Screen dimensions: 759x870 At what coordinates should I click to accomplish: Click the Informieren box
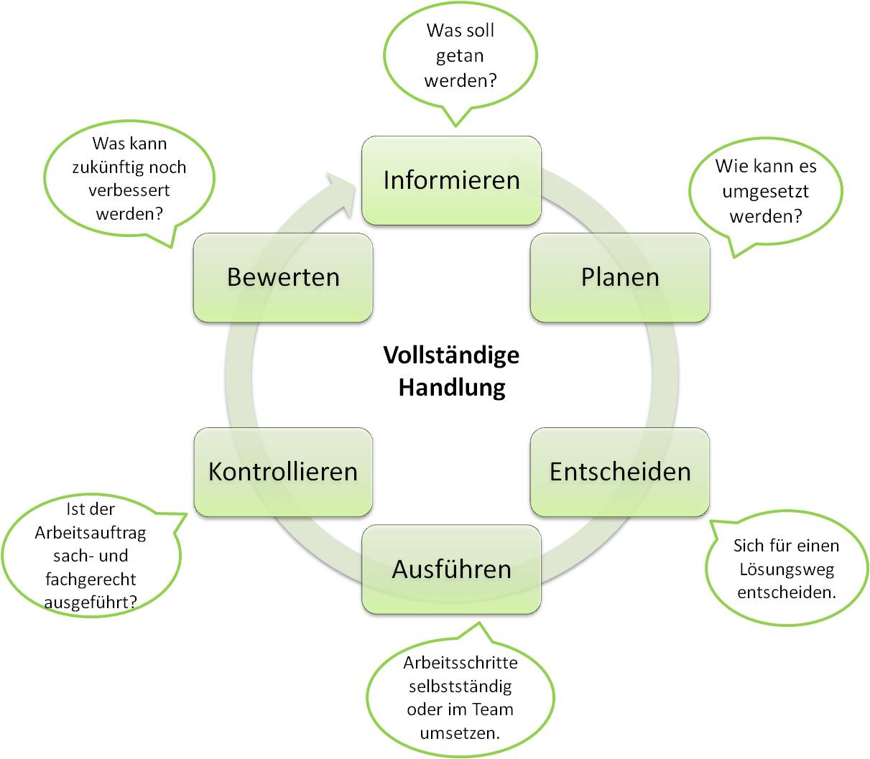(x=451, y=180)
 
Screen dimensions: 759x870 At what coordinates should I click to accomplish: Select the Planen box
(x=620, y=277)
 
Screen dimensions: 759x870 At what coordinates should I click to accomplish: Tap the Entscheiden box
(x=620, y=472)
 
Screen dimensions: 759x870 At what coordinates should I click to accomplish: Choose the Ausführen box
(x=451, y=569)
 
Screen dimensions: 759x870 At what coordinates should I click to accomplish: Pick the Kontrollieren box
(x=283, y=472)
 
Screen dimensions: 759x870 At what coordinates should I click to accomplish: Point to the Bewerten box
(x=283, y=277)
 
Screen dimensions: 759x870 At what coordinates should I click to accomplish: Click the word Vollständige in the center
(x=451, y=355)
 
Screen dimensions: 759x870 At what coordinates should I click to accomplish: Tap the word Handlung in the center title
(x=452, y=388)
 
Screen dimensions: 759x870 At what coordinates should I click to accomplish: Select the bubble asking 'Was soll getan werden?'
(x=460, y=56)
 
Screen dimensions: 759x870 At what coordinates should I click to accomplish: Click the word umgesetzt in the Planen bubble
(x=765, y=192)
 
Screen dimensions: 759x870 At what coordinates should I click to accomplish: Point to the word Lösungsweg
(x=786, y=569)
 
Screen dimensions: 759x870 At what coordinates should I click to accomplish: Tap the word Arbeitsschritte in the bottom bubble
(x=460, y=662)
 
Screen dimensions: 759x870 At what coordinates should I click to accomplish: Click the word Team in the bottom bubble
(x=493, y=709)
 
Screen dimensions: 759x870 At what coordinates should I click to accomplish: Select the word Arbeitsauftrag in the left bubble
(x=91, y=532)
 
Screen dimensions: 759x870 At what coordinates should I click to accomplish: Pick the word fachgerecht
(x=91, y=579)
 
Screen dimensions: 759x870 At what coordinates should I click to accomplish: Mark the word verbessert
(x=129, y=191)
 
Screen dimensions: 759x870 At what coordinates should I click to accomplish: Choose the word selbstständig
(x=460, y=686)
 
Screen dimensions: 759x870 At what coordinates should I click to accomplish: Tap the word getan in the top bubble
(x=460, y=56)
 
